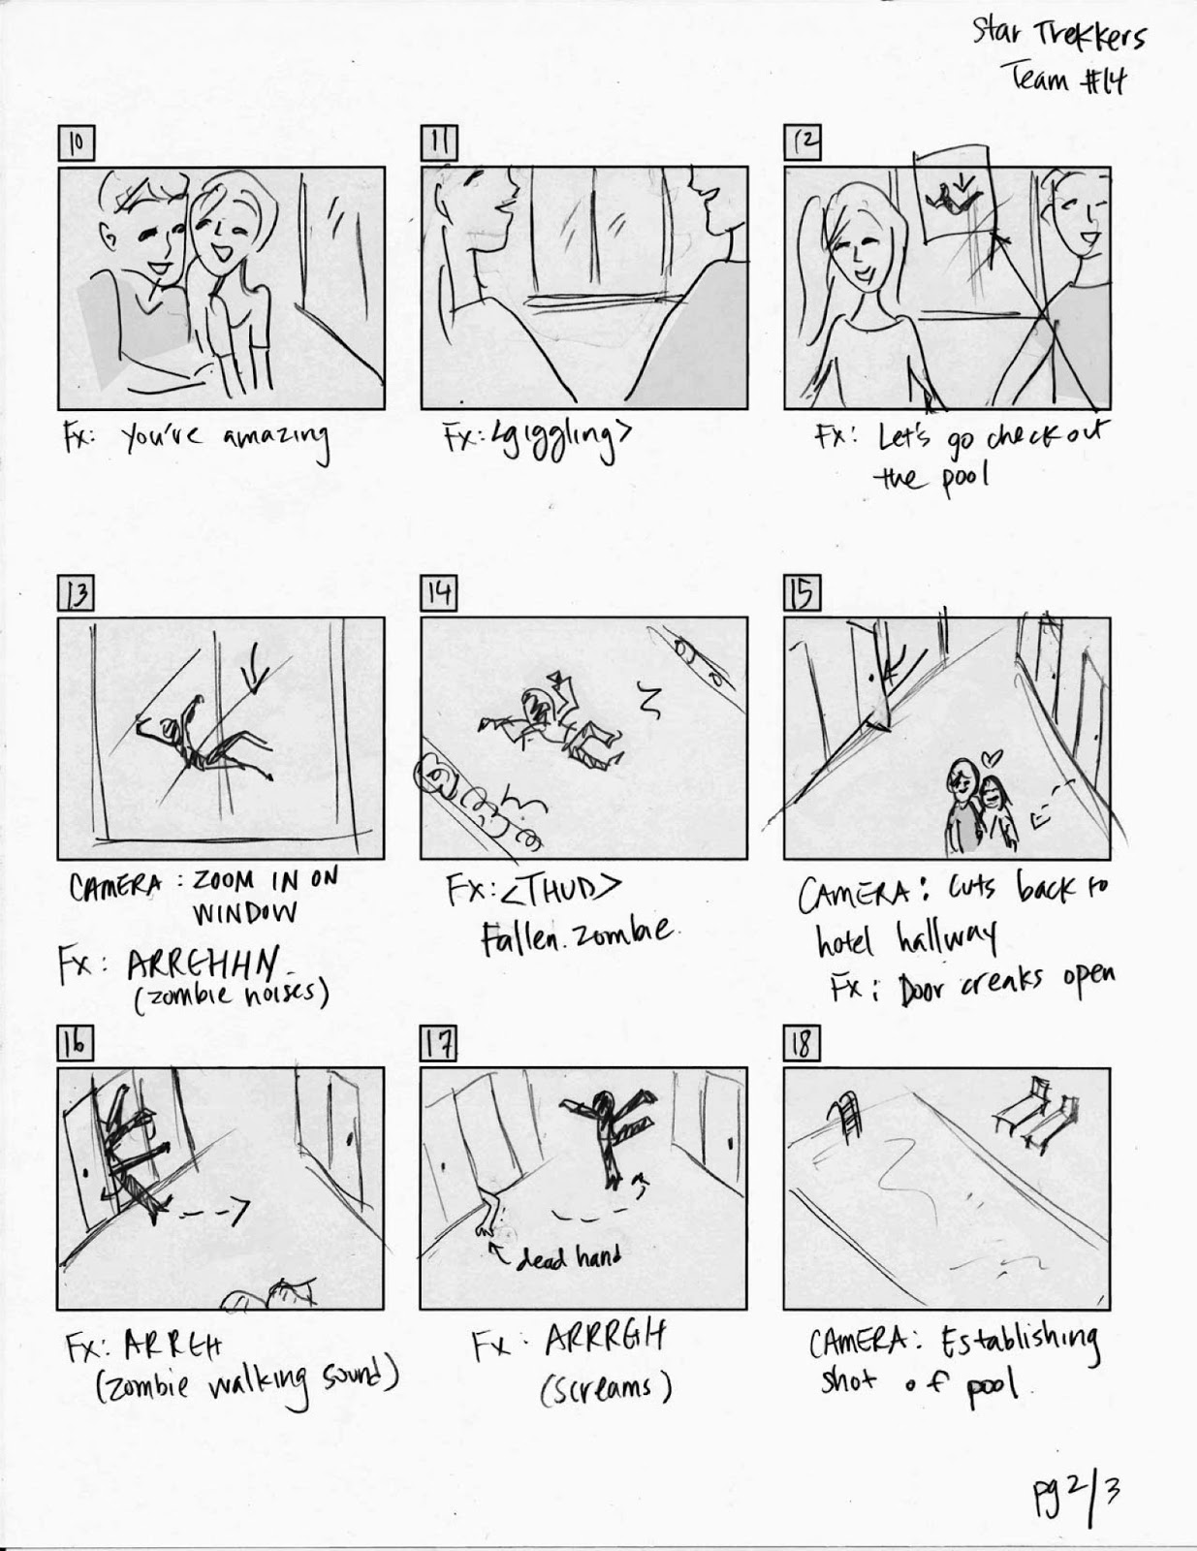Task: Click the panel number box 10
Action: click(x=75, y=143)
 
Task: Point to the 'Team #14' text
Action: click(x=1069, y=79)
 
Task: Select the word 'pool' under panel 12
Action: click(x=960, y=478)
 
